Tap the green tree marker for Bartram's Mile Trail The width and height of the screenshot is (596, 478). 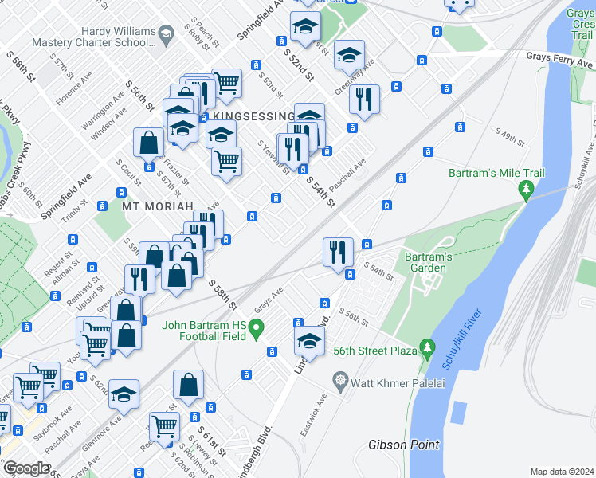coord(525,189)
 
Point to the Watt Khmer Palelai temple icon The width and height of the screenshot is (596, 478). coord(342,378)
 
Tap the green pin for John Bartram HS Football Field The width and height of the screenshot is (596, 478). coord(256,327)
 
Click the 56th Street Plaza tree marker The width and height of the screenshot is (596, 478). coord(428,347)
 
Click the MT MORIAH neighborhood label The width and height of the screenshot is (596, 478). coord(158,206)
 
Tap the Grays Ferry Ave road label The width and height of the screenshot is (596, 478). coord(560,57)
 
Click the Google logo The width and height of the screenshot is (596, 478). coord(26,468)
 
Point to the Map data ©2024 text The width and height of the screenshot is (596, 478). coord(562,472)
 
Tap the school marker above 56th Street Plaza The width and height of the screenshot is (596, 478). coord(308,343)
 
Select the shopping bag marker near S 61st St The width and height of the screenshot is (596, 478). coord(189,386)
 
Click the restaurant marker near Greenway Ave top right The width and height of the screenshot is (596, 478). coord(364,99)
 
